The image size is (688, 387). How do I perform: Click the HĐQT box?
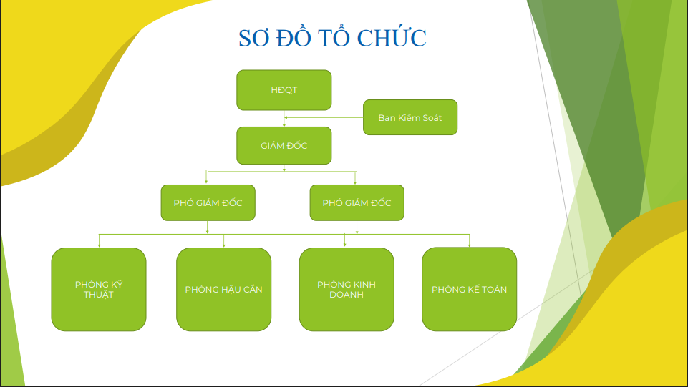point(284,90)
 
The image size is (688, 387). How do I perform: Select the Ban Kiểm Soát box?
point(410,117)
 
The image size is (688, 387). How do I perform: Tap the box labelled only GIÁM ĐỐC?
point(284,145)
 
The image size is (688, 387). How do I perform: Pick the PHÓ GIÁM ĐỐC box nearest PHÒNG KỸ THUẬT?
point(208,202)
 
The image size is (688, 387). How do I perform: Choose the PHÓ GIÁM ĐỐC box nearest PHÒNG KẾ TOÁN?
point(357,202)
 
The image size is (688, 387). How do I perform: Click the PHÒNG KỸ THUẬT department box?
point(99,289)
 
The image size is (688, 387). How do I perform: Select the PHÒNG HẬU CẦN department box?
point(224,289)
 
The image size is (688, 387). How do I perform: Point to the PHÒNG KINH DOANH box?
point(347,289)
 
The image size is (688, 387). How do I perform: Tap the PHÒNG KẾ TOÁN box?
point(470,289)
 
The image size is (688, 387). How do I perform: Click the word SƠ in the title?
point(253,38)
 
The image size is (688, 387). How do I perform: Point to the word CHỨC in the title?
point(392,38)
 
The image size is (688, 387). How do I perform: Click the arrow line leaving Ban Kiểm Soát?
point(324,117)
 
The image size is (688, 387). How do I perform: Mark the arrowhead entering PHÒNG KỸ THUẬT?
point(100,245)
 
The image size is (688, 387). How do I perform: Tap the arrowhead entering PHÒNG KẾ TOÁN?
point(470,245)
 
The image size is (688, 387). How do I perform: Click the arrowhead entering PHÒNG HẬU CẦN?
point(224,245)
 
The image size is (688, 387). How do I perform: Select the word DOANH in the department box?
point(347,295)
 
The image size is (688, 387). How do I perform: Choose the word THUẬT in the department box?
point(99,295)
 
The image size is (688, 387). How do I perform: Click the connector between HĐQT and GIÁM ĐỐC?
point(284,118)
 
